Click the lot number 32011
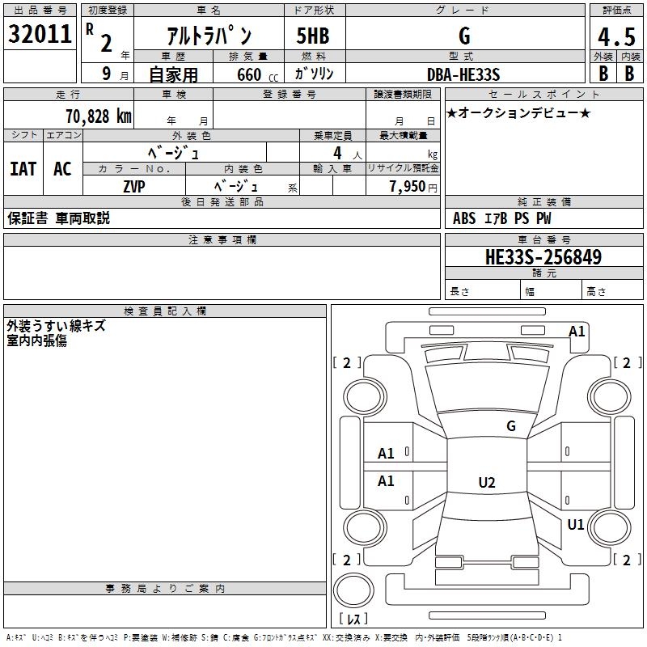[x=40, y=34]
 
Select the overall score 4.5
[x=616, y=37]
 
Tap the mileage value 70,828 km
[x=99, y=116]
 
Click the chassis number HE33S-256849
[x=543, y=257]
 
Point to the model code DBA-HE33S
[x=463, y=74]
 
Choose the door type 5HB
[x=313, y=36]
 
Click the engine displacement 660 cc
[x=257, y=74]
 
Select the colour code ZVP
[x=134, y=187]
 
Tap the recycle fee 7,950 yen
[x=413, y=187]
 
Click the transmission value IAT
[x=23, y=169]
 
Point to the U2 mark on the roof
[x=487, y=482]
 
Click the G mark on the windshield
[x=511, y=426]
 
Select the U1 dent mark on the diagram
[x=576, y=524]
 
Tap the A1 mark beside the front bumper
[x=577, y=332]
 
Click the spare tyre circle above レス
[x=353, y=590]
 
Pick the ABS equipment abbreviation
[x=464, y=218]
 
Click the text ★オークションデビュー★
[x=518, y=113]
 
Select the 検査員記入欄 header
[x=165, y=311]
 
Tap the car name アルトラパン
[x=209, y=36]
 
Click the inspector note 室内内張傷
[x=36, y=340]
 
